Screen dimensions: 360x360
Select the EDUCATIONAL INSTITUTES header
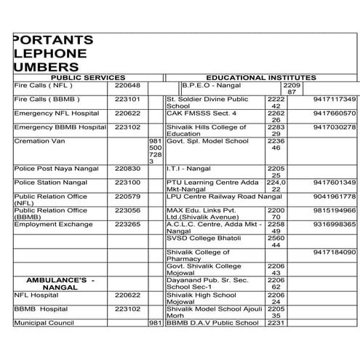pyautogui.click(x=261, y=77)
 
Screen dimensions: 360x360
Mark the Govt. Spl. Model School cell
pyautogui.click(x=207, y=141)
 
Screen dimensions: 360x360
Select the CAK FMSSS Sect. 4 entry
pyautogui.click(x=202, y=113)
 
